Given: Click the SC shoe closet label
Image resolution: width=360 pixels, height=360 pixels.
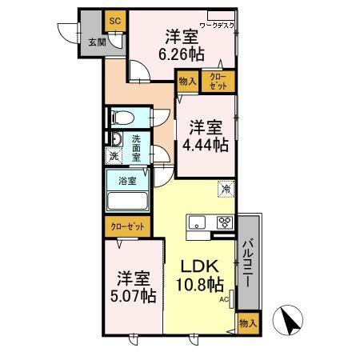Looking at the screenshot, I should pos(114,20).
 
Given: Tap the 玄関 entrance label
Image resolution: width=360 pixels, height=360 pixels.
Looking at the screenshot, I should pos(95,42).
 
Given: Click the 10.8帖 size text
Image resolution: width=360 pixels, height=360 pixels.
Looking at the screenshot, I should pos(200,285).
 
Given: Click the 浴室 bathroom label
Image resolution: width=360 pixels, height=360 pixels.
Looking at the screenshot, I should pos(127,181).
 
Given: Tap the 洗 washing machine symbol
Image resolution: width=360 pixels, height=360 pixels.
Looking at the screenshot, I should pos(114,156).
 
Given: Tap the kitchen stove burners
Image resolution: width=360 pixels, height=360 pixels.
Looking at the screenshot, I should pos(223,222).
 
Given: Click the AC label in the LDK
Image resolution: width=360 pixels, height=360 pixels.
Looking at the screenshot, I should pos(226,298).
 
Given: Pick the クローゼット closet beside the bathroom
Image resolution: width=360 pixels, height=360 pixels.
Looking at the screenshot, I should pos(126,227).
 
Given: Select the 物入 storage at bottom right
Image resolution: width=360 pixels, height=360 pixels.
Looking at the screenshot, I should pos(246,323).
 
